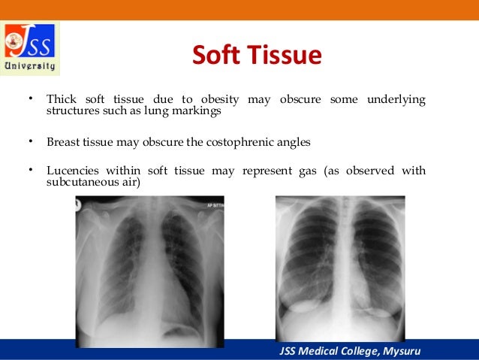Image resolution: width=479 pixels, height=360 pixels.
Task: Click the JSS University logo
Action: (x=31, y=47)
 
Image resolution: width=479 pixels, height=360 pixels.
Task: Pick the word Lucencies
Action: (x=72, y=171)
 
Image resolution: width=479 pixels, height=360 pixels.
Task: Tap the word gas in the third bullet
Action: (x=310, y=171)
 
